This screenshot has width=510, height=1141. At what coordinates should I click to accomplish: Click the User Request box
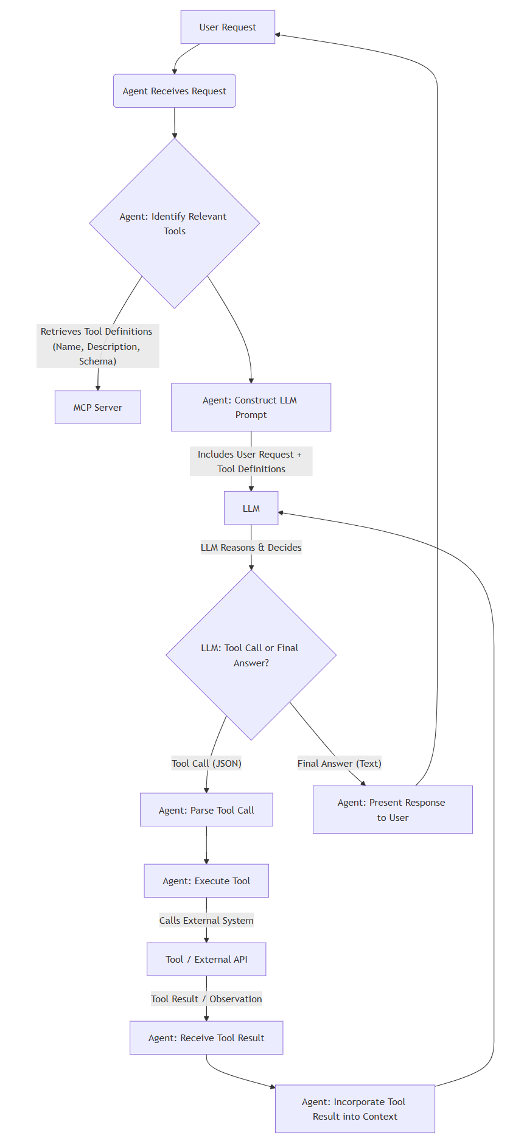click(x=228, y=27)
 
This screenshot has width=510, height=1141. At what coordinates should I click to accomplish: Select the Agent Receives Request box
click(x=174, y=91)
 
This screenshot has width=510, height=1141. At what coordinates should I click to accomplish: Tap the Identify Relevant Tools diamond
click(x=174, y=223)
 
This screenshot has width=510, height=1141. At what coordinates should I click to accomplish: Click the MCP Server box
click(x=97, y=407)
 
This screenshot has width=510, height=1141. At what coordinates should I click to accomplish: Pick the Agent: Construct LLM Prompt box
click(x=251, y=407)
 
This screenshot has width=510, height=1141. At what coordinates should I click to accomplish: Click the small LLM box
click(x=251, y=508)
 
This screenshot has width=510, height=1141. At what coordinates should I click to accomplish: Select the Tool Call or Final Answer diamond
click(x=251, y=655)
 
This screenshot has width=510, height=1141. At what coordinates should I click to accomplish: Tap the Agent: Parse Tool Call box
click(x=206, y=810)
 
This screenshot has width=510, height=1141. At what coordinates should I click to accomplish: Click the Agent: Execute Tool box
click(x=206, y=881)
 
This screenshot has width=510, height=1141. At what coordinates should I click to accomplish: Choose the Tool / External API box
click(x=206, y=959)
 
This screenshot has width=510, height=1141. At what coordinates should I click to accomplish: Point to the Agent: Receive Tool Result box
click(x=206, y=1038)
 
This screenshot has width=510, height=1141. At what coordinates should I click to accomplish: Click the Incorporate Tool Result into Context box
click(x=355, y=1109)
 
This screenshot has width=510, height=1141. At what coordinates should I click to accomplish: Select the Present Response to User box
click(x=393, y=809)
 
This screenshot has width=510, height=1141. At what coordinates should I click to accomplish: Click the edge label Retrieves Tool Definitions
click(x=97, y=346)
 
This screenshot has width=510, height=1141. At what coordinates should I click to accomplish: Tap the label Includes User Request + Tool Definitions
click(x=251, y=461)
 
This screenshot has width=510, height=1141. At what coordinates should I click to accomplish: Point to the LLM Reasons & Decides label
click(x=251, y=547)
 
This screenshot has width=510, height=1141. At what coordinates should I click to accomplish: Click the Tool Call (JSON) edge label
click(x=206, y=763)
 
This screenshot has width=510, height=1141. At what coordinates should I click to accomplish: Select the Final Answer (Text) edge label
click(x=339, y=763)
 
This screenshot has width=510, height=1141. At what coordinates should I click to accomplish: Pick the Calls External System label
click(x=206, y=920)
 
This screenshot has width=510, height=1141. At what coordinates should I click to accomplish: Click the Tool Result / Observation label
click(x=206, y=999)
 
